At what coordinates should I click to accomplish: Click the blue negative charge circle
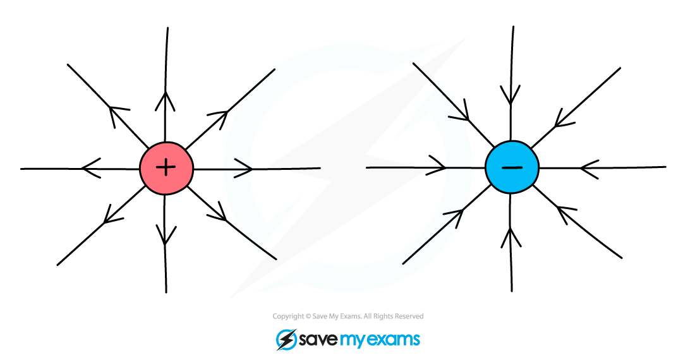pos(512,167)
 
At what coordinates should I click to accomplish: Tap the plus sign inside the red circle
pos(166,167)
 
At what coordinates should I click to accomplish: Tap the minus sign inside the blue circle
pos(512,167)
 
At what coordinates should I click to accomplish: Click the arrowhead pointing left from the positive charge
pos(88,169)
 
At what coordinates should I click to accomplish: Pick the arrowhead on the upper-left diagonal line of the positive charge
pos(118,114)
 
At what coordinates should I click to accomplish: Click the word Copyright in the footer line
pos(287,316)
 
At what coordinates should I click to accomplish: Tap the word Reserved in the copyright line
pos(409,316)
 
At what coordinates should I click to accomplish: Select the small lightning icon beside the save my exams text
pos(286,340)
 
